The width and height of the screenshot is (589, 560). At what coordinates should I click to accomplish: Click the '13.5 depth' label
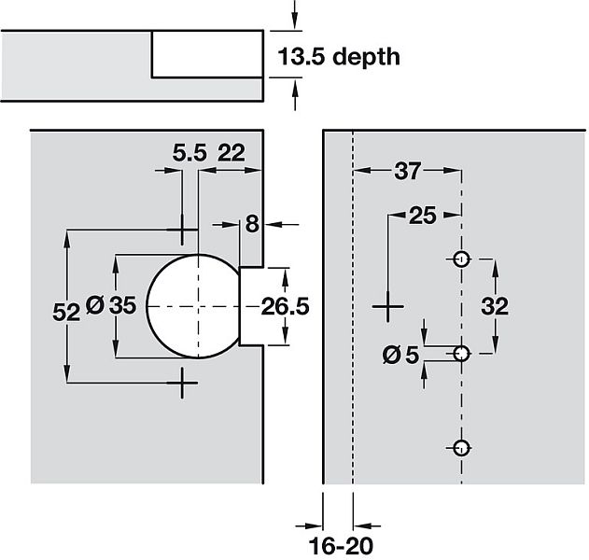pos(339,57)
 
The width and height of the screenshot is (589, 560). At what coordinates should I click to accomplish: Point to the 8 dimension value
pos(251,224)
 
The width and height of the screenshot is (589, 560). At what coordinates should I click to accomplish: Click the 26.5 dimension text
pos(285,306)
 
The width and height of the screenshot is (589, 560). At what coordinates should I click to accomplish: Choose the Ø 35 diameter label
pos(110,305)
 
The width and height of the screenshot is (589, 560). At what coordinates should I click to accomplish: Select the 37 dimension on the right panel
pos(407,171)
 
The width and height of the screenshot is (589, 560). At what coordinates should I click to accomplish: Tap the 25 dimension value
pos(423,217)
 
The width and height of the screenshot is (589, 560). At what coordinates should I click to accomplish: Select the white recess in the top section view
pos(207,54)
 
